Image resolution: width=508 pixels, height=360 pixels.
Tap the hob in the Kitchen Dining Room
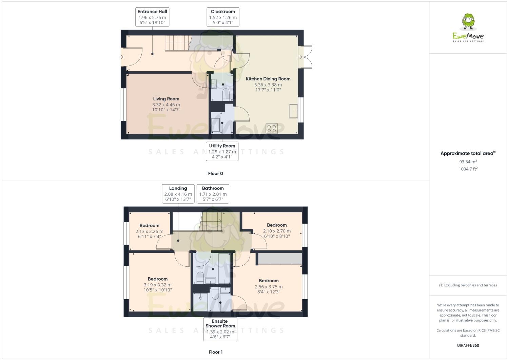pyautogui.click(x=272, y=128)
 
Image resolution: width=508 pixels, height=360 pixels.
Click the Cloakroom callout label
pyautogui.click(x=223, y=17)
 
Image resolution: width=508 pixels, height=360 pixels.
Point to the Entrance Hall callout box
pyautogui.click(x=152, y=17)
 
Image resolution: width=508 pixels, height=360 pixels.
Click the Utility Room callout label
pyautogui.click(x=222, y=151)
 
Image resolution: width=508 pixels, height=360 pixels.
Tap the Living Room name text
pyautogui.click(x=166, y=99)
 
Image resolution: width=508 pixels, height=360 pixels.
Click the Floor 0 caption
pyautogui.click(x=215, y=173)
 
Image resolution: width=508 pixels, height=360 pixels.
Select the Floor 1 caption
pyautogui.click(x=215, y=352)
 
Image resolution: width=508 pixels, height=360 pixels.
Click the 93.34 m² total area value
pyautogui.click(x=468, y=162)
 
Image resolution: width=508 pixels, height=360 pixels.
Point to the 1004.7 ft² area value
pyautogui.click(x=468, y=169)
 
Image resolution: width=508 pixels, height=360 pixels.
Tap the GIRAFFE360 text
pyautogui.click(x=468, y=345)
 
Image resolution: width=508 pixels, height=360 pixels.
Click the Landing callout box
pyautogui.click(x=178, y=194)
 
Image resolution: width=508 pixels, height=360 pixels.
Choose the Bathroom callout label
pyautogui.click(x=213, y=194)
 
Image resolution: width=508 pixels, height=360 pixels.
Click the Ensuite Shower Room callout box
pyautogui.click(x=220, y=329)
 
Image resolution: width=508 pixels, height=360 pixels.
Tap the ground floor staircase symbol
pyautogui.click(x=177, y=43)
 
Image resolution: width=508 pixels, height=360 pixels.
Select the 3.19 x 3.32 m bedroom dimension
pyautogui.click(x=158, y=285)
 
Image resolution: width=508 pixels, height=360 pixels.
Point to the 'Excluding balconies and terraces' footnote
pyautogui.click(x=468, y=285)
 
